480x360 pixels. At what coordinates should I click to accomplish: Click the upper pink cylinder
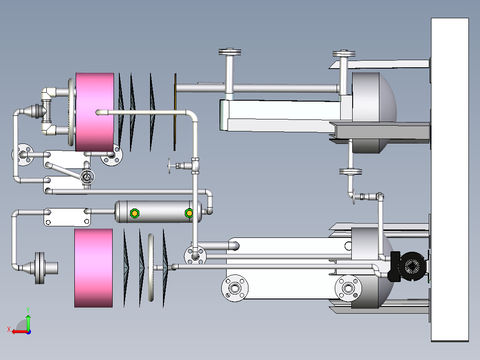pyautogui.click(x=94, y=112)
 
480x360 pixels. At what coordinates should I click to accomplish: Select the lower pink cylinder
pyautogui.click(x=94, y=268)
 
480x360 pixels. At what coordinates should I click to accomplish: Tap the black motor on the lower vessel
pyautogui.click(x=409, y=266)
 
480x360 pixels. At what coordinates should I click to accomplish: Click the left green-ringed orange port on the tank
pyautogui.click(x=134, y=213)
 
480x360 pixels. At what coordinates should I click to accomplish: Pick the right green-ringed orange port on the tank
pyautogui.click(x=189, y=213)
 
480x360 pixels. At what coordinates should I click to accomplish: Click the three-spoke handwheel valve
pyautogui.click(x=87, y=177)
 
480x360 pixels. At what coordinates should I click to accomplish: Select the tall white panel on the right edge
pyautogui.click(x=450, y=180)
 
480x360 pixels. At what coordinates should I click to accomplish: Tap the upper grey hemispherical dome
pyautogui.click(x=374, y=113)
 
